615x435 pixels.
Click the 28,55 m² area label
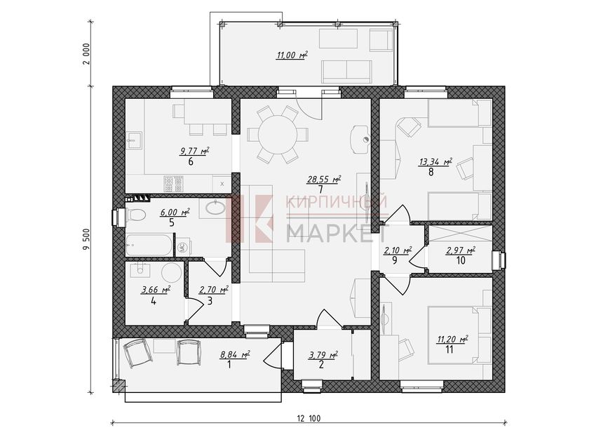(323, 180)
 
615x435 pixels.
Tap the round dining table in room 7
(278, 135)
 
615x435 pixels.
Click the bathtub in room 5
(149, 245)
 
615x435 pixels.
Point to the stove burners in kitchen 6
(174, 184)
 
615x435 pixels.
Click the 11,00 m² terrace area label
(292, 55)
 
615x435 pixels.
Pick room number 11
(450, 349)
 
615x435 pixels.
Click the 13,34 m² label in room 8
(435, 162)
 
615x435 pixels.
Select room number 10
(461, 260)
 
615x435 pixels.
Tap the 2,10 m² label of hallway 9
(398, 250)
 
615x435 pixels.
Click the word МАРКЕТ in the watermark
(337, 234)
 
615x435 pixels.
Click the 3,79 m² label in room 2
(323, 356)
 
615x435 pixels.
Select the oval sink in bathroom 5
(215, 208)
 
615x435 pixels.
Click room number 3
(210, 301)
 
